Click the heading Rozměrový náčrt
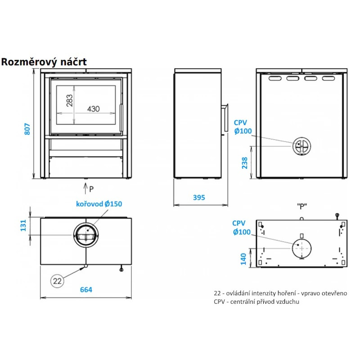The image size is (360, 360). click(x=44, y=62)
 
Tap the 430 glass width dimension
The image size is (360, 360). click(x=93, y=109)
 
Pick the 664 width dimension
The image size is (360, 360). click(x=85, y=290)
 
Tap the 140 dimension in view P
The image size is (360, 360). click(x=243, y=259)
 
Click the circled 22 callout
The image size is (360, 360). click(x=57, y=281)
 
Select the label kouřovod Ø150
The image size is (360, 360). click(x=99, y=204)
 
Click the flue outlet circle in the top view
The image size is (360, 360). click(x=85, y=234)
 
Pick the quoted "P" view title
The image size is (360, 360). click(x=301, y=207)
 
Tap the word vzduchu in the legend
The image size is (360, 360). click(x=287, y=301)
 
